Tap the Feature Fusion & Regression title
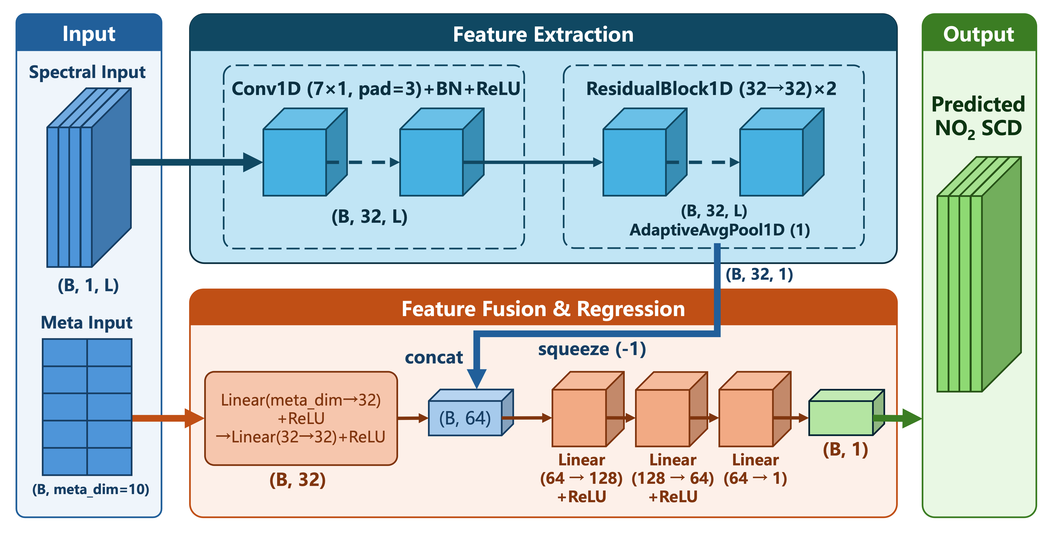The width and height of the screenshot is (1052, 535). pos(543,309)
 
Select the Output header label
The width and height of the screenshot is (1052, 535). pos(979,34)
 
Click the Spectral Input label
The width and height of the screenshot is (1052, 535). pos(87,72)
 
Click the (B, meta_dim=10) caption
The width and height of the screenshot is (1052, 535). pos(91,489)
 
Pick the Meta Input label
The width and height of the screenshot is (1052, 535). pos(87,323)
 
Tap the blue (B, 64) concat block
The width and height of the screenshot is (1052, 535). pos(471,413)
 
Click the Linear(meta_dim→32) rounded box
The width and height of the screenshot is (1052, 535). pos(301,418)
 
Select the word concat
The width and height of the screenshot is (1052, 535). pos(434,358)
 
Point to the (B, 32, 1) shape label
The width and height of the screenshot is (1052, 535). pos(759,274)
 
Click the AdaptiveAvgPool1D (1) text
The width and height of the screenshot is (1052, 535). pos(720,230)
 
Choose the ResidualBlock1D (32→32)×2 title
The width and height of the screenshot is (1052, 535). pos(711,89)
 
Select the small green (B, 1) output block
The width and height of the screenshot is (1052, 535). pos(847,413)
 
